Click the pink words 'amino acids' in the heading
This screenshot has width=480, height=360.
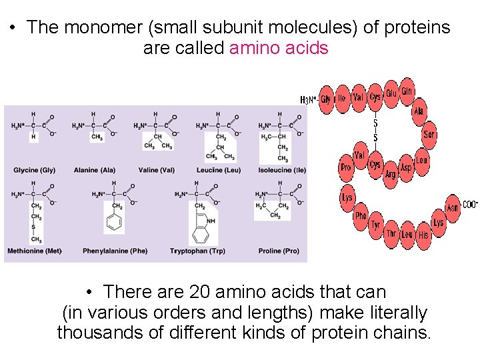tap(279, 48)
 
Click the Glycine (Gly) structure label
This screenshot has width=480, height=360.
tap(34, 170)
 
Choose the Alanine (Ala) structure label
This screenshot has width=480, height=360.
tap(95, 170)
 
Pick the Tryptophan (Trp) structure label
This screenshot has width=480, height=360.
tap(197, 251)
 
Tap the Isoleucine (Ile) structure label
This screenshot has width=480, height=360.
tap(282, 170)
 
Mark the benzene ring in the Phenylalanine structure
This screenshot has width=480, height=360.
tap(114, 223)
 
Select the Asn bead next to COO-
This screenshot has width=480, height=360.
tap(452, 208)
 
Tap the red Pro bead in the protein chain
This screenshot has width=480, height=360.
tap(345, 167)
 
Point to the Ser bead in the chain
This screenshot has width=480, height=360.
tap(429, 135)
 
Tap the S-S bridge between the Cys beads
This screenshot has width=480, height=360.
tap(375, 130)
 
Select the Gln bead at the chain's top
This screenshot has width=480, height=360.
tap(407, 92)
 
